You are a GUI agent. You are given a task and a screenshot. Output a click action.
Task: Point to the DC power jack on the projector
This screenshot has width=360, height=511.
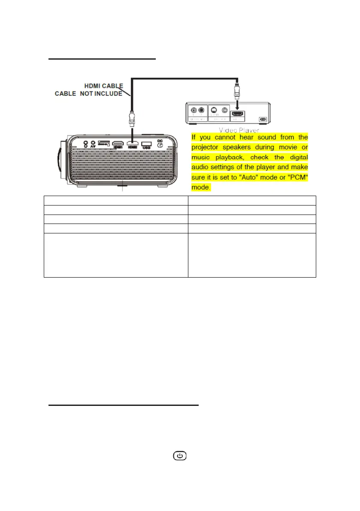pyautogui.click(x=160, y=145)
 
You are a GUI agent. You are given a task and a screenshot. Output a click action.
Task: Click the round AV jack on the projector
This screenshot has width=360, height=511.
pyautogui.click(x=93, y=143)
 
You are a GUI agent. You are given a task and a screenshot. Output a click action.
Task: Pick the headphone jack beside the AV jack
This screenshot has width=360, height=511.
pyautogui.click(x=86, y=143)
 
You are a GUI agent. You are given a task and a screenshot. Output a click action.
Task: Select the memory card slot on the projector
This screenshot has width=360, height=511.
pyautogui.click(x=104, y=142)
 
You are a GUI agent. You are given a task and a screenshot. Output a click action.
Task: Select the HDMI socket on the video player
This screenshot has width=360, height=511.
pyautogui.click(x=237, y=114)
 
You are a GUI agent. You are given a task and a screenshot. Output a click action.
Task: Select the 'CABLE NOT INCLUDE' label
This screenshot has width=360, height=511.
pyautogui.click(x=88, y=94)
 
